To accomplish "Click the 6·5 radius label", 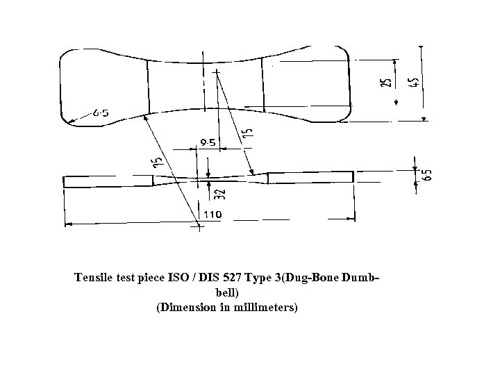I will point(99,112).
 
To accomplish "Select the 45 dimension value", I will point(414,82).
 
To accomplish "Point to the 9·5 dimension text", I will point(208,142).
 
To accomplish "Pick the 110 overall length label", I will point(212,215).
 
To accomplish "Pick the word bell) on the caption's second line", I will point(228,292).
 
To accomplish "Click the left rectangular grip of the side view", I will point(108,181).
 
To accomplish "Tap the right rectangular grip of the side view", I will point(310,177).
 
